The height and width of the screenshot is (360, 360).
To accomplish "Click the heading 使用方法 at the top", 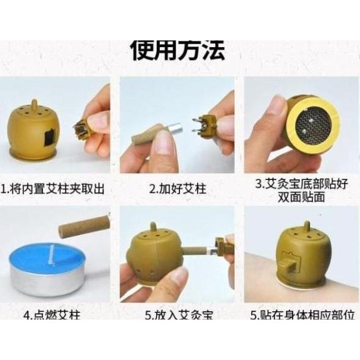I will [x=178, y=49].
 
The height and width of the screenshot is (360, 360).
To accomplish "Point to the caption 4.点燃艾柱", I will [x=54, y=315].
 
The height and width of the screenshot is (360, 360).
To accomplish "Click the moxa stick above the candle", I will [x=83, y=227].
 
